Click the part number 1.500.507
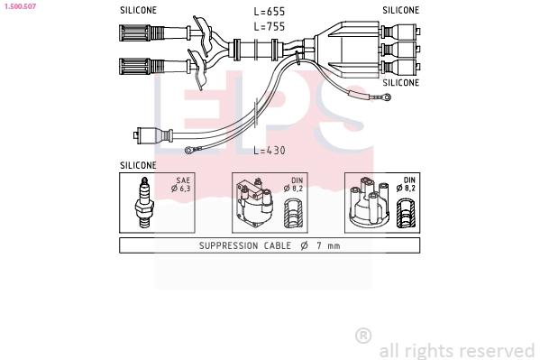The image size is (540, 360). [21, 6]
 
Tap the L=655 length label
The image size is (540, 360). [270, 12]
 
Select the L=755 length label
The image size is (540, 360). [270, 26]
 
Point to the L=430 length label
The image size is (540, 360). [270, 151]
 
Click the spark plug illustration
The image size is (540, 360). [144, 203]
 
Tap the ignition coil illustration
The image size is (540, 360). [254, 203]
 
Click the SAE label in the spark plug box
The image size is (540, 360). [183, 180]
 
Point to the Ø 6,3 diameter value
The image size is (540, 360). [181, 189]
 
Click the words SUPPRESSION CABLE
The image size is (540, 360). [245, 245]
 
